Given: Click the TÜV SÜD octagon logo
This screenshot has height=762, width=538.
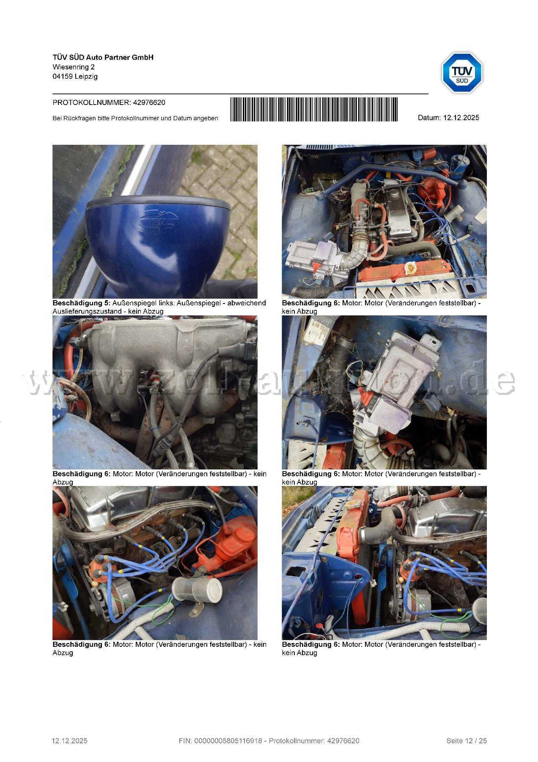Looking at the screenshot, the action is (462, 72).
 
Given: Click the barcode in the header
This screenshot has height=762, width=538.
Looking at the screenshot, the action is (314, 110).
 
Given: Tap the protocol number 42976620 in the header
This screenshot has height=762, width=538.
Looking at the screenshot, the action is (149, 102).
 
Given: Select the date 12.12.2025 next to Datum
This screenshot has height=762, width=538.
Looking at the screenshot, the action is (461, 118).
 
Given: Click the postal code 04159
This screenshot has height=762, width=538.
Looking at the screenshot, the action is (63, 77).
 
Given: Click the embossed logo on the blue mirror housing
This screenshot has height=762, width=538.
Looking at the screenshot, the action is (156, 221).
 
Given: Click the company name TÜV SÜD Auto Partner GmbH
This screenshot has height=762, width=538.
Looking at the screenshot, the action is (103, 57).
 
